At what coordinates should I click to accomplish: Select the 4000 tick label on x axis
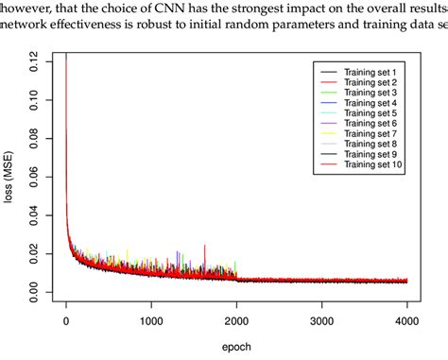407,321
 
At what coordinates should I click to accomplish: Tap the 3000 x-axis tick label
321,321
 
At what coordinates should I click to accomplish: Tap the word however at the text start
27,10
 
